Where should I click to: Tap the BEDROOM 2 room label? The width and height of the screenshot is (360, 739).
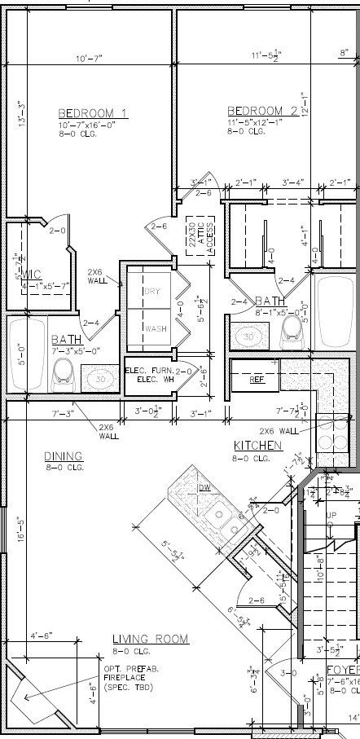click(261, 111)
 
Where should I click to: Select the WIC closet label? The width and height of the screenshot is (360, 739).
click(32, 273)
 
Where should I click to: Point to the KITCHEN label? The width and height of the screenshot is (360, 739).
click(257, 446)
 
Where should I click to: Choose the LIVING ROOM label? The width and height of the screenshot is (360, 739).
click(150, 640)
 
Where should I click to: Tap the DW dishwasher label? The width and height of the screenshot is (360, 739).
click(204, 487)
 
